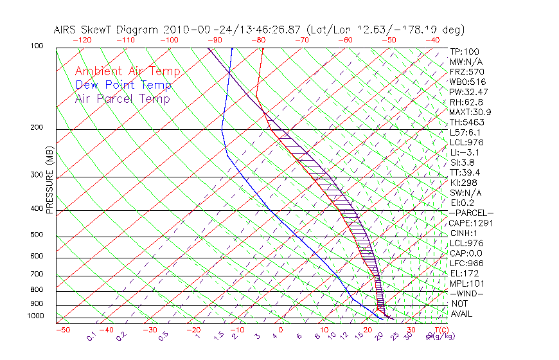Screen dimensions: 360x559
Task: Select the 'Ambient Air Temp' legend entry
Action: click(127, 72)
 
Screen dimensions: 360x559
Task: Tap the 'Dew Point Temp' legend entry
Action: click(123, 85)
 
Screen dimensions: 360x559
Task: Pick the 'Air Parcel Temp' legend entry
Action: click(122, 99)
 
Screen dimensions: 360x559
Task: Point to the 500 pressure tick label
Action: click(37, 235)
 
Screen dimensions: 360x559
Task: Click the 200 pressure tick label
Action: click(37, 128)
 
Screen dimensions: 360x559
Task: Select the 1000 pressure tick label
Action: click(35, 316)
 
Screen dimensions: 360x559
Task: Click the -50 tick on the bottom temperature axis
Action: click(62, 330)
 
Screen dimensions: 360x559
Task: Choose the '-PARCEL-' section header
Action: click(472, 213)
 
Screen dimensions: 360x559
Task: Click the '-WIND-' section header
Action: click(466, 294)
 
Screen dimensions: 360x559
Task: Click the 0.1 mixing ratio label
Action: click(91, 336)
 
